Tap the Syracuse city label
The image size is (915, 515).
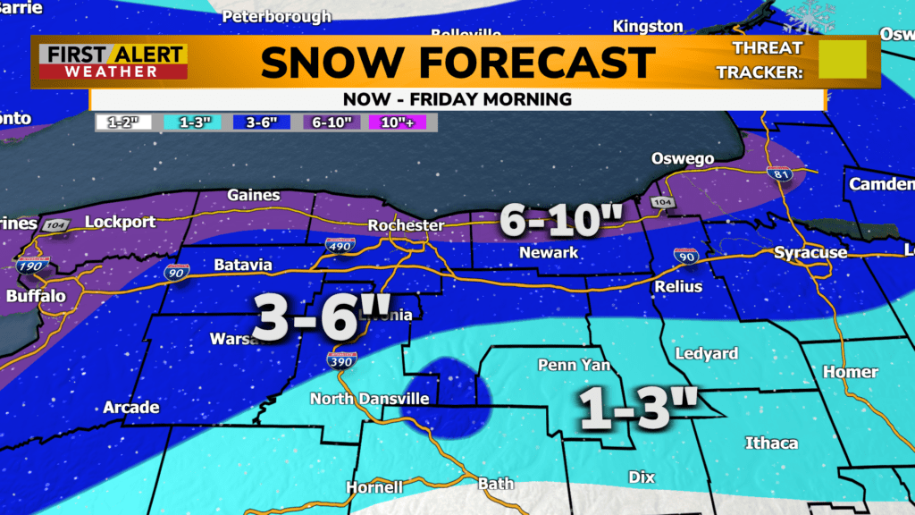click(x=810, y=253)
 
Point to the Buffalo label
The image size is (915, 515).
click(x=36, y=297)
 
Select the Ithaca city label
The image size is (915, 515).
click(x=772, y=443)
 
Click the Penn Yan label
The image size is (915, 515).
click(x=567, y=365)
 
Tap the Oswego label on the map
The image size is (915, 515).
click(x=682, y=159)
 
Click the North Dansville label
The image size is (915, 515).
click(x=370, y=399)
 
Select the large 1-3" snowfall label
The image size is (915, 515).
click(x=635, y=408)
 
